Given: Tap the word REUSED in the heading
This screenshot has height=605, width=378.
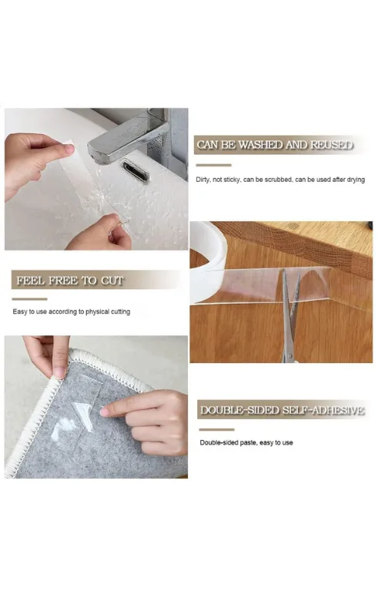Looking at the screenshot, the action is coord(332,145).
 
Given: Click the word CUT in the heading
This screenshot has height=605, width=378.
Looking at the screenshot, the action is coord(112,281).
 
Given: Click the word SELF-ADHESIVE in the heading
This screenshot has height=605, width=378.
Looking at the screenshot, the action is coord(323,410).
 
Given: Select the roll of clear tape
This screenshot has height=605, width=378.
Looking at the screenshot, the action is coord(207,262).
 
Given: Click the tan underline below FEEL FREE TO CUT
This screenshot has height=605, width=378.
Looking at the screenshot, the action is coord(30,299).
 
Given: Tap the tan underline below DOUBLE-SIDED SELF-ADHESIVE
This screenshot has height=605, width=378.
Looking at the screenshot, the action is coord(216,429).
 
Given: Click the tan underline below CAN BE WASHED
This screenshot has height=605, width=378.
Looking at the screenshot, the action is coord(213,165).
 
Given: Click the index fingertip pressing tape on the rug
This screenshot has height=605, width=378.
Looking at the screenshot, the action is coord(105,412).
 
